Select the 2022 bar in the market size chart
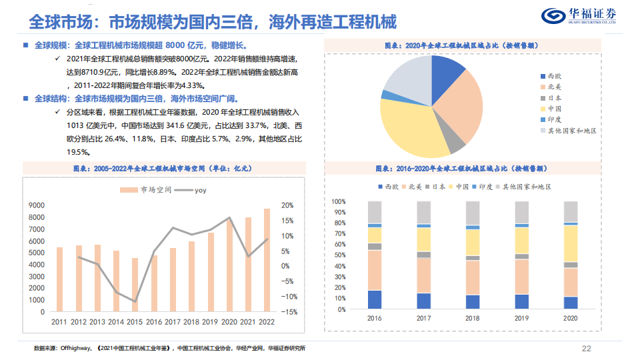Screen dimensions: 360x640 coord(267,260)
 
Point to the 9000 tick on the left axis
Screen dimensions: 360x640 coord(38,206)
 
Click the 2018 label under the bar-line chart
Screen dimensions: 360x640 coord(192,322)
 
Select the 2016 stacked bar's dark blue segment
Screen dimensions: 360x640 coord(375,300)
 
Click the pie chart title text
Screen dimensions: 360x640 coord(462,45)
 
